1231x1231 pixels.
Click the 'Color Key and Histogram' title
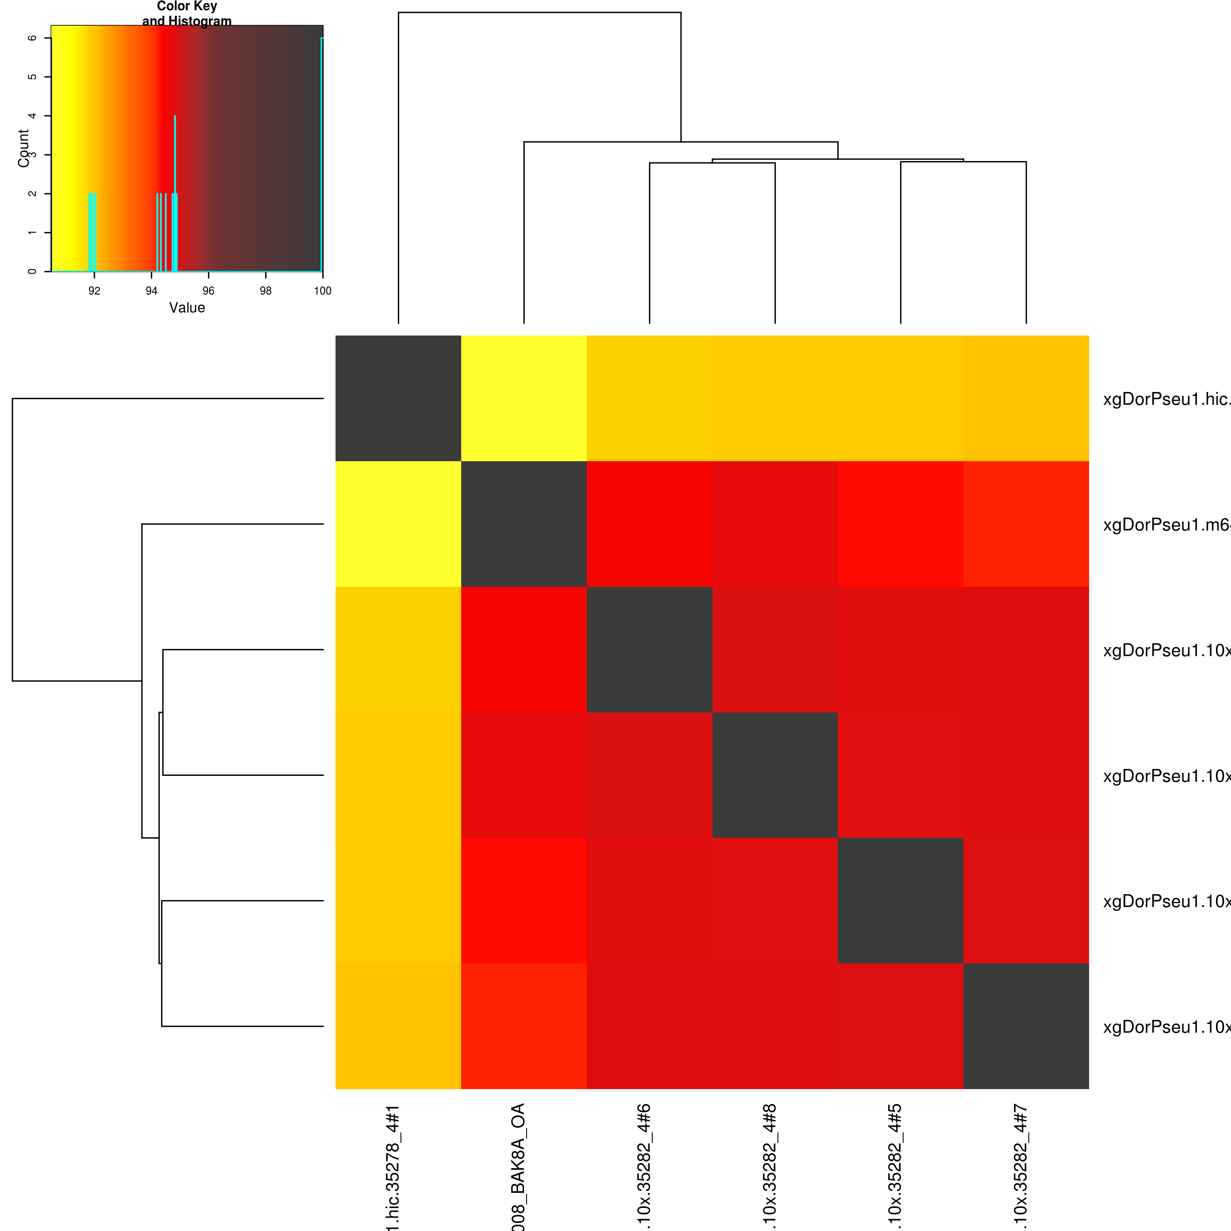[x=187, y=13]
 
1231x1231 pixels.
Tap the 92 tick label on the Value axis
[x=94, y=291]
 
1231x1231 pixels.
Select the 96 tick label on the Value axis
[x=208, y=291]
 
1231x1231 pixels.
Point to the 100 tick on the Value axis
[x=322, y=291]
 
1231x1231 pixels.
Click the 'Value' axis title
[x=187, y=308]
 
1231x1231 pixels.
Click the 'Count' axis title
[x=24, y=148]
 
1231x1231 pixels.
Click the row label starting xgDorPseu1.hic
[x=1166, y=400]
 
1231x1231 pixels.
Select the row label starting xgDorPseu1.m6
[x=1166, y=525]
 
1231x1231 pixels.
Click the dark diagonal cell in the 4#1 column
[x=398, y=398]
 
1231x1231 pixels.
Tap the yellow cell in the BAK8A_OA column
[x=524, y=398]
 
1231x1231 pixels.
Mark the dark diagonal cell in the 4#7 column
[x=1026, y=1026]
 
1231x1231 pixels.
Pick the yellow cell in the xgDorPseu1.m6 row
[x=398, y=524]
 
